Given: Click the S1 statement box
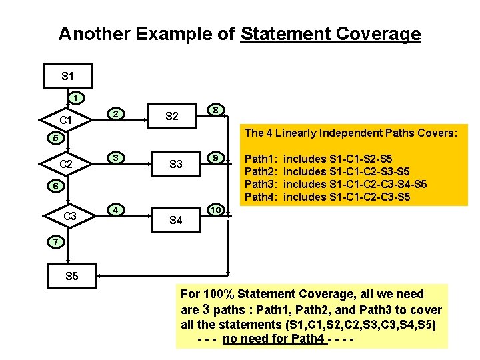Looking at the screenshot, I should click(x=67, y=76).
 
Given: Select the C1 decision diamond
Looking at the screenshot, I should click(x=65, y=121).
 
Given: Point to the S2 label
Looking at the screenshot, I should click(x=171, y=117).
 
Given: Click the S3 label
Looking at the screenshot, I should click(x=176, y=164).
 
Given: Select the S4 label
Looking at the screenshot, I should click(x=176, y=219).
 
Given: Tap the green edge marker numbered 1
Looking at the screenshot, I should click(x=77, y=98).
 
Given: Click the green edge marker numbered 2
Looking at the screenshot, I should click(x=115, y=114).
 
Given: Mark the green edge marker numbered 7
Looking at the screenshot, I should click(x=57, y=240).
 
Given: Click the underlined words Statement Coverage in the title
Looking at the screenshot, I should click(x=331, y=34).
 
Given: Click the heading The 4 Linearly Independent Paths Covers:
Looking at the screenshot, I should click(x=351, y=133).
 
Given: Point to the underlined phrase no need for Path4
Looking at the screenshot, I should click(x=275, y=339).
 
